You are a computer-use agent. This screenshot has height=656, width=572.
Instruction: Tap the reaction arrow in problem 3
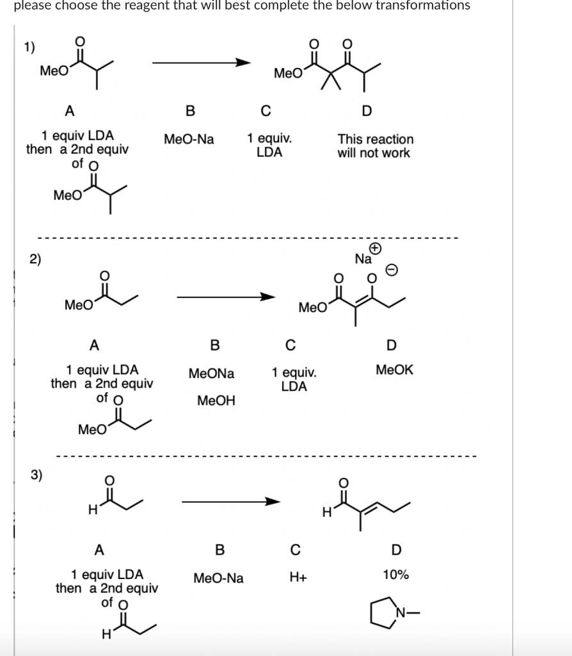point(230,502)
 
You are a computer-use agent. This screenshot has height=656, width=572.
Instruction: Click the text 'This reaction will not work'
point(375,146)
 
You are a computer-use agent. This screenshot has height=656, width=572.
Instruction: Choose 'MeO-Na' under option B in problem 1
point(189,139)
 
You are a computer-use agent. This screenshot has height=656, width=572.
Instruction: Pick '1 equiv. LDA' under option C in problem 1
point(269,145)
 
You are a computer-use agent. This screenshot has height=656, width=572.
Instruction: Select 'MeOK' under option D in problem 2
point(394,370)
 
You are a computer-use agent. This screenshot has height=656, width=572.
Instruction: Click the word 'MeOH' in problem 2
point(216,401)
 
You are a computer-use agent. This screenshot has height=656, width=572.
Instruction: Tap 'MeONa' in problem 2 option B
point(211,373)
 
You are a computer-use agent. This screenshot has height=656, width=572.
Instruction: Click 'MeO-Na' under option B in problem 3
point(218,578)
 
